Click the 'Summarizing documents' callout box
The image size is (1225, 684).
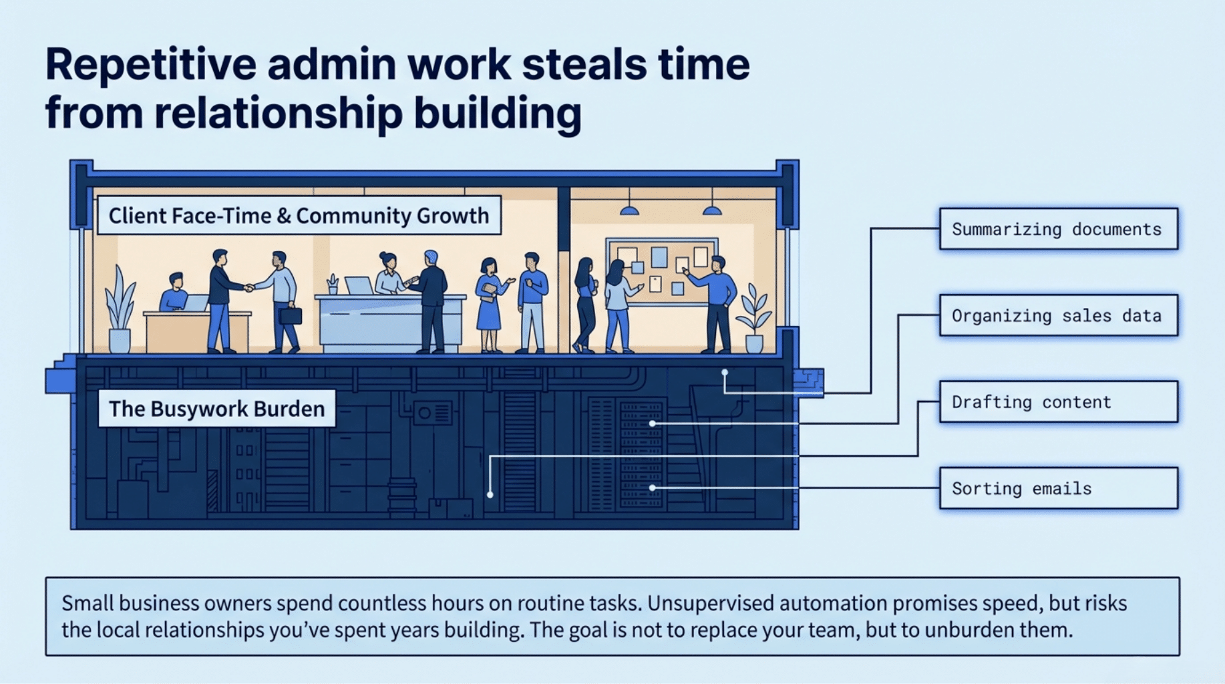click(1058, 229)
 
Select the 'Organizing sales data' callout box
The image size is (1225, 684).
click(1058, 315)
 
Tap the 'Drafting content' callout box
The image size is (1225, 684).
click(1058, 401)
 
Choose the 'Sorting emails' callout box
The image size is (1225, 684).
click(1058, 488)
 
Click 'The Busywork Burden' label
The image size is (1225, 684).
click(216, 409)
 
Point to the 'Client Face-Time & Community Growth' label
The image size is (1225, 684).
click(299, 216)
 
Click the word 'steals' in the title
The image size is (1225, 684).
click(583, 65)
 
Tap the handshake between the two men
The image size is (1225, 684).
click(249, 288)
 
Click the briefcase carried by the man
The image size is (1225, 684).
click(290, 315)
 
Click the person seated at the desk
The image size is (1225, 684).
click(174, 293)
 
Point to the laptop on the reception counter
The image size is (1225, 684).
click(358, 286)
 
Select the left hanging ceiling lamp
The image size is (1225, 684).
click(629, 210)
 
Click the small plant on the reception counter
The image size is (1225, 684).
click(333, 284)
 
